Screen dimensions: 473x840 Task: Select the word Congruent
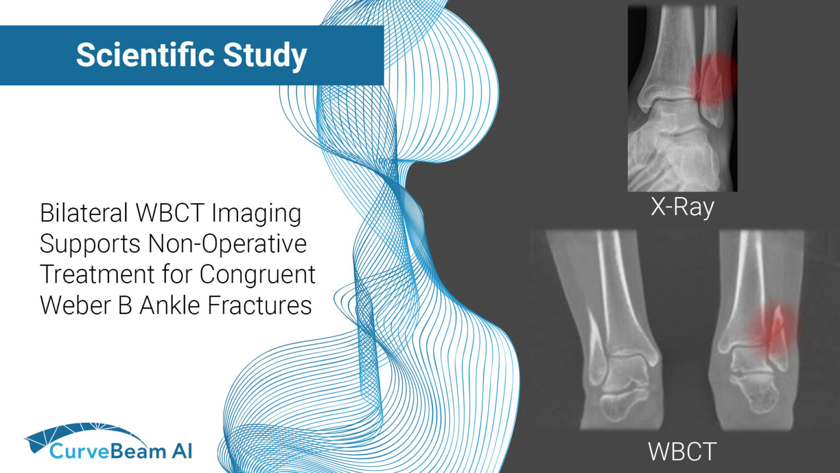[x=257, y=275]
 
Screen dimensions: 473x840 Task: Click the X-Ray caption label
[x=682, y=207]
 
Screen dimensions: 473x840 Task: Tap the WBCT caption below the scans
[x=682, y=452]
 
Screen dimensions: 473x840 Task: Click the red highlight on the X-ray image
[x=713, y=79]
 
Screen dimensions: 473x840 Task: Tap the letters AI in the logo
[x=182, y=451]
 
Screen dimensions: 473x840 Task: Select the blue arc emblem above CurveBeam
[x=82, y=432]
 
